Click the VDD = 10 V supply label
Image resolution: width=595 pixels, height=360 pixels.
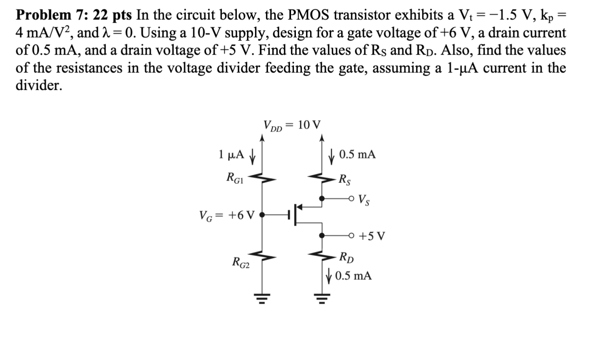pos(292,125)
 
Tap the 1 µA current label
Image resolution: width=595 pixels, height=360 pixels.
pos(231,155)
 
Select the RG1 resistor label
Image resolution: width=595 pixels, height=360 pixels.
pos(236,177)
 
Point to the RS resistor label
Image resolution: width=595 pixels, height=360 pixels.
pos(344,178)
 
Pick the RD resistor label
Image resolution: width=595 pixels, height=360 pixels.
pos(346,257)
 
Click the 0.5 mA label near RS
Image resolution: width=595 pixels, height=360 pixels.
pos(357,155)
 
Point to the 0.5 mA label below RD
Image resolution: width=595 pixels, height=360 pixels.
pos(353,276)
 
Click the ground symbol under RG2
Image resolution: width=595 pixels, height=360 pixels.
pos(262,299)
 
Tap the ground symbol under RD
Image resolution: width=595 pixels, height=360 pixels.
pos(322,299)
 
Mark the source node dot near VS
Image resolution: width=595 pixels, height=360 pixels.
pos(322,199)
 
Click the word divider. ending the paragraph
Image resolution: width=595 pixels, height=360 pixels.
pos(39,85)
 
